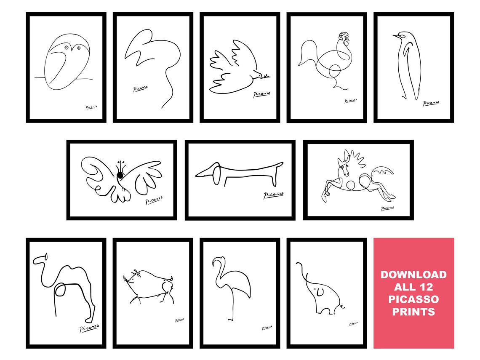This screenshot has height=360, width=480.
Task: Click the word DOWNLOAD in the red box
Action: tap(413, 275)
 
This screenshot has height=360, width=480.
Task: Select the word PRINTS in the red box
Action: tap(413, 312)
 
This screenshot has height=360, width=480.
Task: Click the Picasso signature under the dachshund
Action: tap(274, 195)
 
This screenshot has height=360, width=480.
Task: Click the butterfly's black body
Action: tap(121, 173)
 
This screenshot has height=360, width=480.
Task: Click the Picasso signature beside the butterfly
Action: tap(154, 200)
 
